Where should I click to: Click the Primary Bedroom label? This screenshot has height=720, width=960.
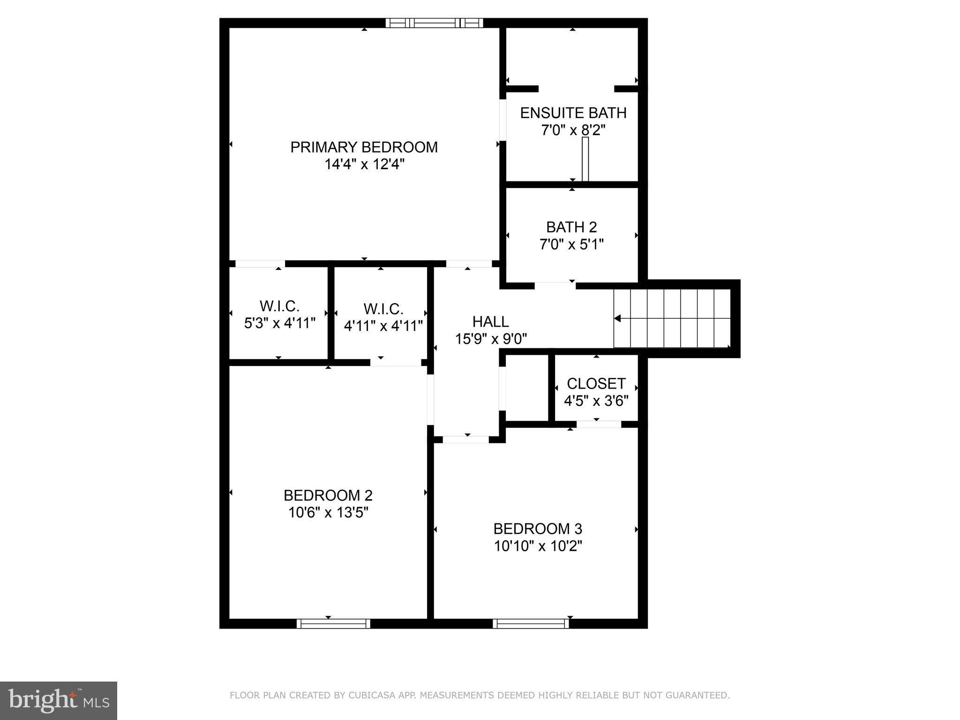[x=364, y=147]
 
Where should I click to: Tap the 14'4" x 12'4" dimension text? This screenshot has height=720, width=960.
[x=364, y=165]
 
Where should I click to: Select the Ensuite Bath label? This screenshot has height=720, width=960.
[x=573, y=113]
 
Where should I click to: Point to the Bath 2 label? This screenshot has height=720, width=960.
[x=571, y=227]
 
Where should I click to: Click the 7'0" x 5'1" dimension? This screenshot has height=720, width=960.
[x=571, y=244]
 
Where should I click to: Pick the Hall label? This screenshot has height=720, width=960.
[x=490, y=322]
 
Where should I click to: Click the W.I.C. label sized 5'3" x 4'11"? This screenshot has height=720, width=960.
[x=279, y=307]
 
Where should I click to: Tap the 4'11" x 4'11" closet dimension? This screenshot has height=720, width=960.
[x=383, y=326]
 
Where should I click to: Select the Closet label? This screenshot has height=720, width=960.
[x=596, y=384]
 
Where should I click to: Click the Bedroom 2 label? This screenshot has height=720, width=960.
[x=328, y=495]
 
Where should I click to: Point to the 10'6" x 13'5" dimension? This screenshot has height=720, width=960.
[x=328, y=513]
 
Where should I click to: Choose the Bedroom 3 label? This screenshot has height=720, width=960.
[x=538, y=529]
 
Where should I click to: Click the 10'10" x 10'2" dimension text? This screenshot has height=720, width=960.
[x=538, y=546]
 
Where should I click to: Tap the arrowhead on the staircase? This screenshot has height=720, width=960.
[x=617, y=319]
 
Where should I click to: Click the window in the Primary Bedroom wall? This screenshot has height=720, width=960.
[x=434, y=22]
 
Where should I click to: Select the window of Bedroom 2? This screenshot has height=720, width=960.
[x=333, y=623]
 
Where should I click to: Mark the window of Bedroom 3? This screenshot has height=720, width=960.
[x=531, y=623]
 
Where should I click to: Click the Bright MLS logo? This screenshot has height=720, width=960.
[x=58, y=700]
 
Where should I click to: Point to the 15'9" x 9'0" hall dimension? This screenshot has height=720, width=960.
[x=491, y=339]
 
